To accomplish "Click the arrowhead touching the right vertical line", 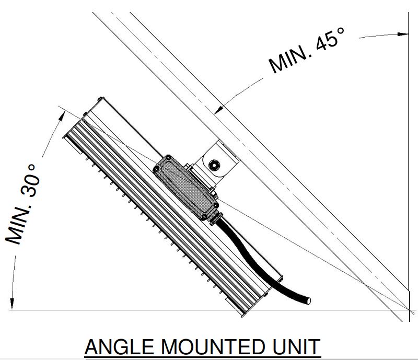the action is (x=403, y=34).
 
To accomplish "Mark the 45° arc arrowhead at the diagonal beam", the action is (x=219, y=109).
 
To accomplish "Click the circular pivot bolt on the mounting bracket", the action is (x=214, y=165).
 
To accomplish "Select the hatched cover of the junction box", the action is (x=186, y=187).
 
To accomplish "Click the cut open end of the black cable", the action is (x=308, y=300).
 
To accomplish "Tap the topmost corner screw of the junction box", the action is (x=168, y=158).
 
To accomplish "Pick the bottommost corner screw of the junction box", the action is (x=204, y=217).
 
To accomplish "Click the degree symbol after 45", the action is (x=341, y=31).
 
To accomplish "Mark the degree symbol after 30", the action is (x=31, y=168).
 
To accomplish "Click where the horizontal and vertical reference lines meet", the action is (x=409, y=310).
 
